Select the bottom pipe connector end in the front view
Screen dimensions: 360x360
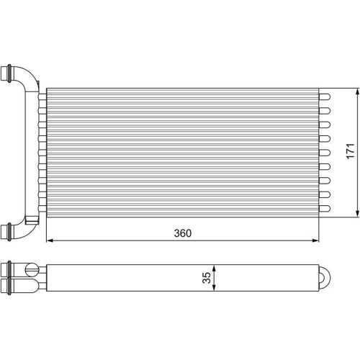click(x=8, y=231)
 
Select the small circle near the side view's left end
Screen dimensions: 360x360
click(x=30, y=271)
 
